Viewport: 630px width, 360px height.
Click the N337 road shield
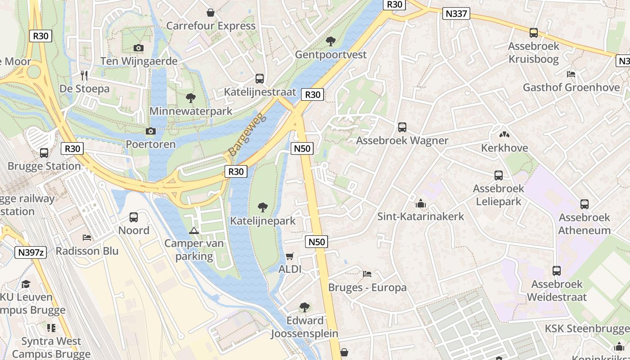point(456,13)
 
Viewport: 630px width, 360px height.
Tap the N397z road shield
point(31,252)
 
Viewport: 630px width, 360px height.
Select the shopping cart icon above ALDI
point(290,256)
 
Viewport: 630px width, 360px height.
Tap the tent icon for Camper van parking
point(194,231)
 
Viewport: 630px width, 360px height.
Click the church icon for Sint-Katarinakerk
point(421,203)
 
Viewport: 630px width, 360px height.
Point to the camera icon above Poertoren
point(151,131)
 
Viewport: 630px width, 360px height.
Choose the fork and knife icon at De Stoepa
point(84,75)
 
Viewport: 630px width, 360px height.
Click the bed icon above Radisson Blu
point(87,237)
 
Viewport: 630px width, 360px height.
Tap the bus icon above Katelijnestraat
point(260,79)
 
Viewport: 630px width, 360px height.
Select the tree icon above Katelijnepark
point(263,207)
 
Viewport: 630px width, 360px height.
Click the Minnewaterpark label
point(191,111)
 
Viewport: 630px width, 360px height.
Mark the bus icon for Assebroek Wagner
point(402,127)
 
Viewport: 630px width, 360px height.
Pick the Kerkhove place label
point(504,148)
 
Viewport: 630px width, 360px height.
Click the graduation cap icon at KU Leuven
point(26,284)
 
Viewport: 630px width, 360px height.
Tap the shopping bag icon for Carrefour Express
point(210,13)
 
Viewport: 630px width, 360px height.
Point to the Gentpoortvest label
point(331,54)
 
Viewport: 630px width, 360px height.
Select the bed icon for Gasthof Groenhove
point(571,74)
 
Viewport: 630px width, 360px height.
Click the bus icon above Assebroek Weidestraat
point(557,271)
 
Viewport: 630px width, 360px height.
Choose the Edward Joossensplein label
point(305,327)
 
